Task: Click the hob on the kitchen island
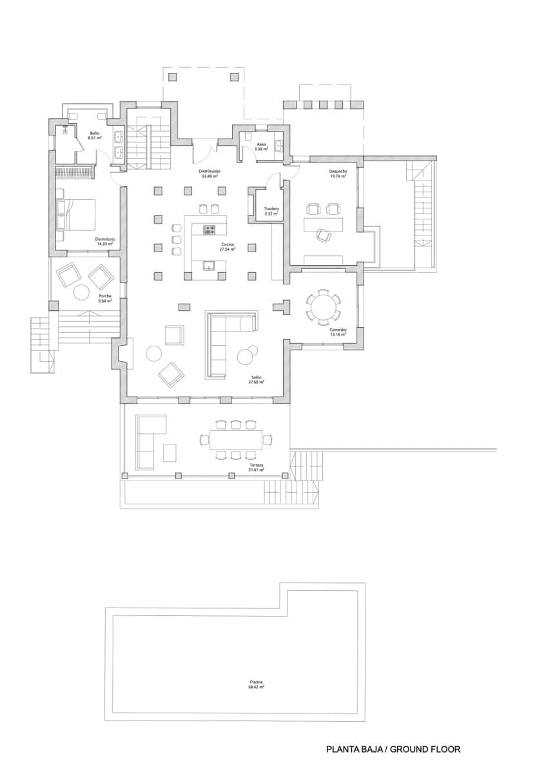click(x=210, y=229)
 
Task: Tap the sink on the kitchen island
click(x=209, y=264)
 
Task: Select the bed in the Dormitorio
click(x=77, y=215)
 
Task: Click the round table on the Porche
click(x=82, y=292)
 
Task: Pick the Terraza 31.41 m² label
click(x=257, y=468)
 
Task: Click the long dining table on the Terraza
click(x=235, y=441)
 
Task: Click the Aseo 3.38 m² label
click(x=261, y=146)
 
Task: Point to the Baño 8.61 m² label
click(x=94, y=135)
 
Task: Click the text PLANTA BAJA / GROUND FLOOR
click(x=393, y=749)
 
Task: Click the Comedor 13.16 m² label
click(x=338, y=332)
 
